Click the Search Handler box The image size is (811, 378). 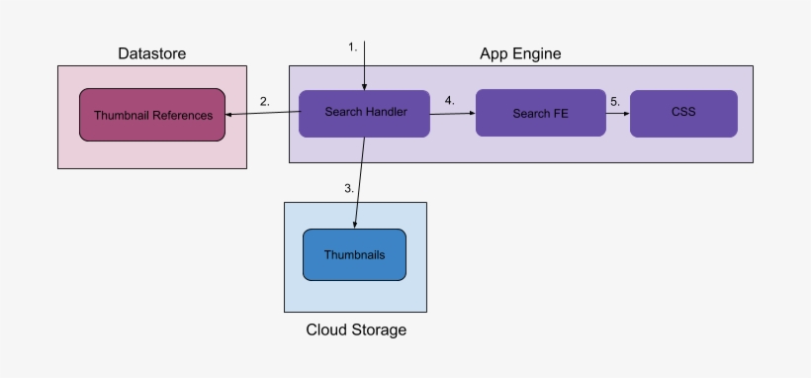[365, 113]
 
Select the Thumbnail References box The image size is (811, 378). [152, 115]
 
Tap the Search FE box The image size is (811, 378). [540, 113]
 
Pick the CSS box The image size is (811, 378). [683, 113]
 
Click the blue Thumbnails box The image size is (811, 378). [354, 254]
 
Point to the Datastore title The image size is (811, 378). [151, 53]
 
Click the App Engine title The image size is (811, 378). [520, 53]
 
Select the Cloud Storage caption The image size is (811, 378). [356, 330]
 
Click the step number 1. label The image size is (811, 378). [352, 47]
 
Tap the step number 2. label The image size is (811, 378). [265, 101]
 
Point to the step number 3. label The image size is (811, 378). [349, 188]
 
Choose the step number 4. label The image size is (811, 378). [449, 101]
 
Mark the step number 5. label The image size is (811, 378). [614, 101]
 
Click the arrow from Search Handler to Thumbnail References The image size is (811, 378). [263, 114]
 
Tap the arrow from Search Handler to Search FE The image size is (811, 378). [453, 114]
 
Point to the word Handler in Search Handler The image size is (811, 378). [386, 112]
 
